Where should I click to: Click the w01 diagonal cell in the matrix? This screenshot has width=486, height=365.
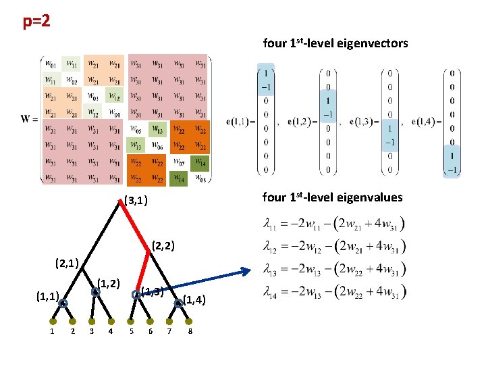point(51,64)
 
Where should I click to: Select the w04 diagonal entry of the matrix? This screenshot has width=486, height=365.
point(115,112)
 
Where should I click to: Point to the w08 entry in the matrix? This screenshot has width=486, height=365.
point(200,178)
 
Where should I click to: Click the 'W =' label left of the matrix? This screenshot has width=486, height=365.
point(29,120)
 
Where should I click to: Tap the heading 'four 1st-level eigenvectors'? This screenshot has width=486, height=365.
point(335,43)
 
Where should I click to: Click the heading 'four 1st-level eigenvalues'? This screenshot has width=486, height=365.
point(331,197)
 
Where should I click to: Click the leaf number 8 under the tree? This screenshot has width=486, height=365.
point(191,331)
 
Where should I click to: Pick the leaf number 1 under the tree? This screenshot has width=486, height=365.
point(52,331)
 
